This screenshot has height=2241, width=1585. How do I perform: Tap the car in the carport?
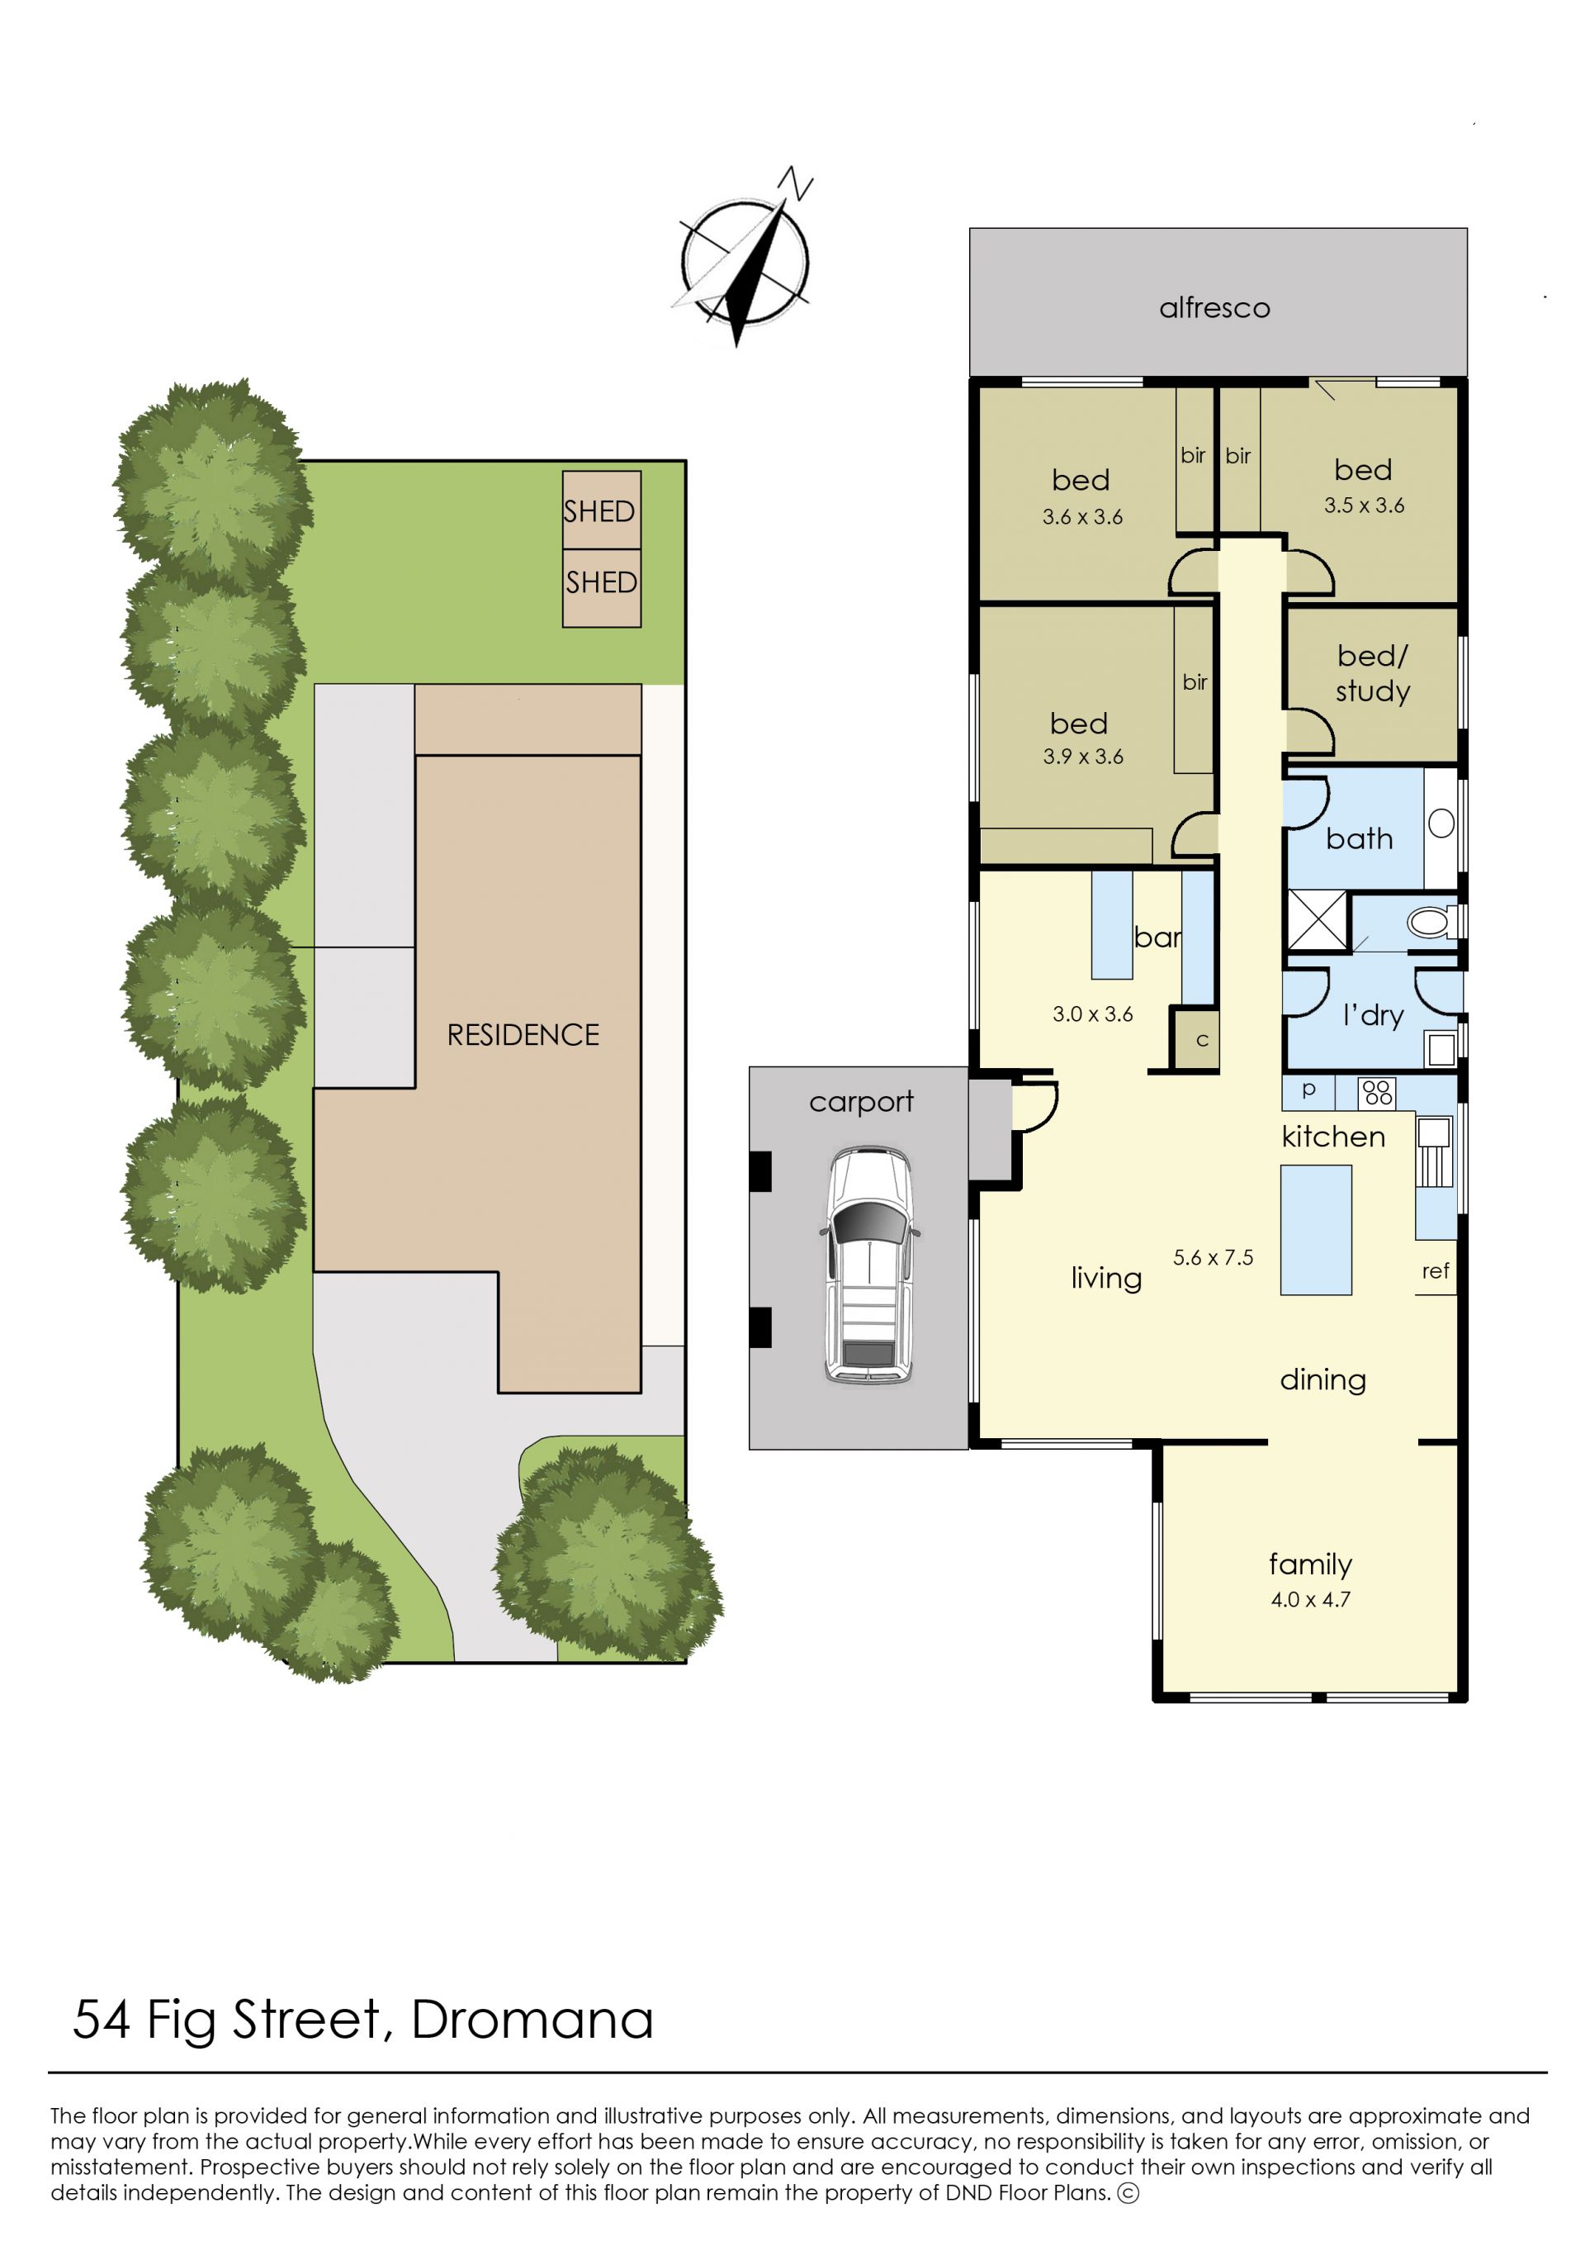[x=868, y=1265]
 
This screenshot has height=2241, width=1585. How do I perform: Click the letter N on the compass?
[x=797, y=183]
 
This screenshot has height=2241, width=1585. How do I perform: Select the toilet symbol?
[x=1433, y=921]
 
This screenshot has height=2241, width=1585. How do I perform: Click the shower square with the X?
[x=1317, y=920]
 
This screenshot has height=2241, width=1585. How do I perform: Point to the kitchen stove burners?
[x=1377, y=1092]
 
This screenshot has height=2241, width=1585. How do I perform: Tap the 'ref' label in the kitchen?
[x=1435, y=1270]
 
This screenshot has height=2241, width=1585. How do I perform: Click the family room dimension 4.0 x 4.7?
[x=1310, y=1599]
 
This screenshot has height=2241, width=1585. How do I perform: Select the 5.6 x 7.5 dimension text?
[x=1214, y=1258]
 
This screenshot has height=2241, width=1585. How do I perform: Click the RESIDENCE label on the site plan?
[x=523, y=1035]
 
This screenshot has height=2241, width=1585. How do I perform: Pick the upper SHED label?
[x=599, y=510]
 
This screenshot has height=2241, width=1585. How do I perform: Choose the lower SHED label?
[x=601, y=582]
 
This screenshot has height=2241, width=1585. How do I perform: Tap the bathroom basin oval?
[x=1441, y=824]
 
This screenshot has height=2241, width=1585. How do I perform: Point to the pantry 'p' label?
[x=1308, y=1090]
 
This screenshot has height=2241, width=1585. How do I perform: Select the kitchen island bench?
[x=1316, y=1229]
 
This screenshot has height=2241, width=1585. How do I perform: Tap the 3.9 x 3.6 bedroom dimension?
[x=1082, y=756]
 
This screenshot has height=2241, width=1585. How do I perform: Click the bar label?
[x=1157, y=938]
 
